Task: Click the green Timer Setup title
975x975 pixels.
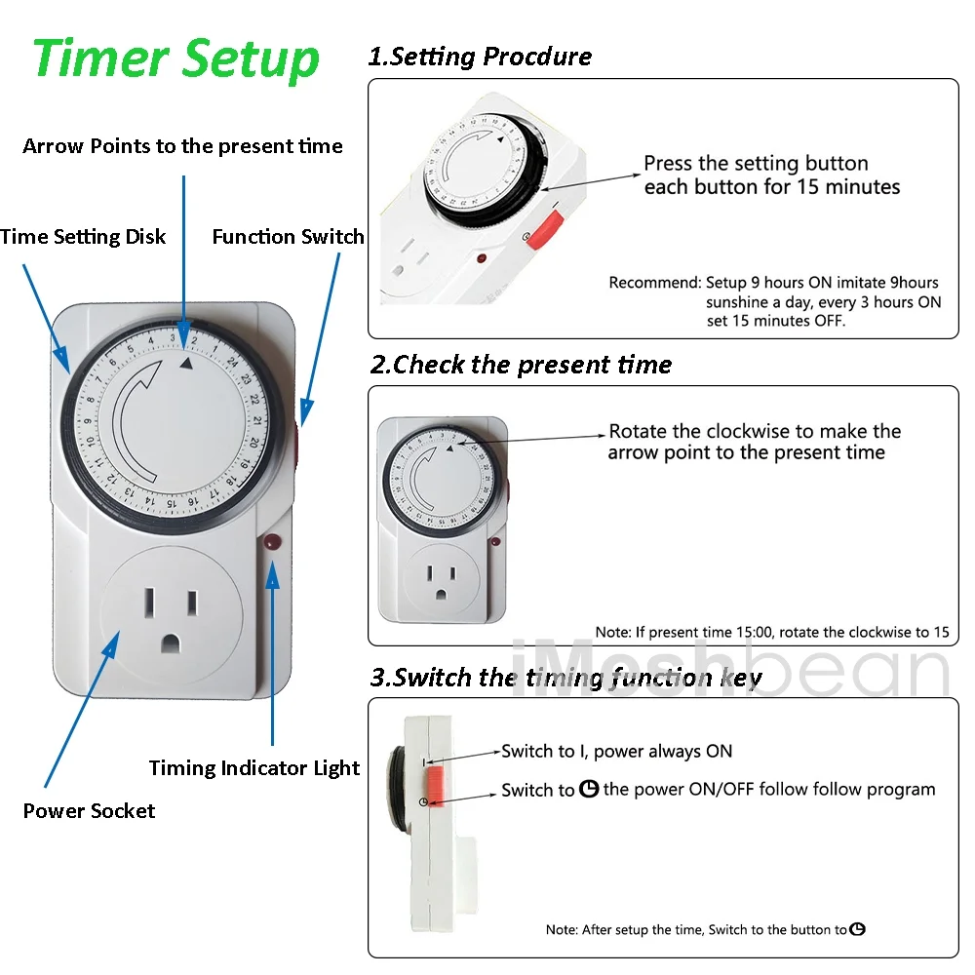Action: [x=176, y=59]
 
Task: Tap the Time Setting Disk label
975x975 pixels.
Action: [x=83, y=237]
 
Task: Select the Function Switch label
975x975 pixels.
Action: [x=288, y=236]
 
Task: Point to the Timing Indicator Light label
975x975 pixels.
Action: [x=254, y=768]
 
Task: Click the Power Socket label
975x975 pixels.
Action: [x=89, y=810]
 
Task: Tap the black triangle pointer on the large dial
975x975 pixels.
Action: [x=186, y=363]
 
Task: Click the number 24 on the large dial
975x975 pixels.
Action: [x=232, y=362]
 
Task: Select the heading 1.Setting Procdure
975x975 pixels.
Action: [x=480, y=57]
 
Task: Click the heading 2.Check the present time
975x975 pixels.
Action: [x=521, y=365]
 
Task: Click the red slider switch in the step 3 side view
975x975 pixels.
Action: [x=434, y=786]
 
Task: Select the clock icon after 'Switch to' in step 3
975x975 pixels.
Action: [x=589, y=789]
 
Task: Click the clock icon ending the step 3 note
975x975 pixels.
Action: [x=857, y=929]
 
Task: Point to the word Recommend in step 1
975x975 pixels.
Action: [x=655, y=283]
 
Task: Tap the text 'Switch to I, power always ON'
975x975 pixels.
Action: [x=617, y=751]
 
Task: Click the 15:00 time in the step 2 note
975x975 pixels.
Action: [x=755, y=633]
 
